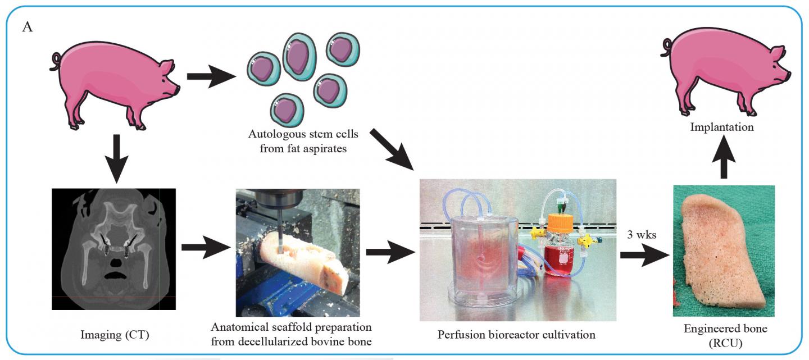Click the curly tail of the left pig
(x=56, y=58)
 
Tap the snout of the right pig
(x=788, y=74)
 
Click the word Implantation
(x=722, y=127)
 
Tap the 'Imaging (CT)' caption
(x=114, y=336)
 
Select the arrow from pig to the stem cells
(x=211, y=78)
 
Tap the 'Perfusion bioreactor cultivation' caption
(x=516, y=335)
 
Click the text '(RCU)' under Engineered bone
(x=724, y=342)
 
